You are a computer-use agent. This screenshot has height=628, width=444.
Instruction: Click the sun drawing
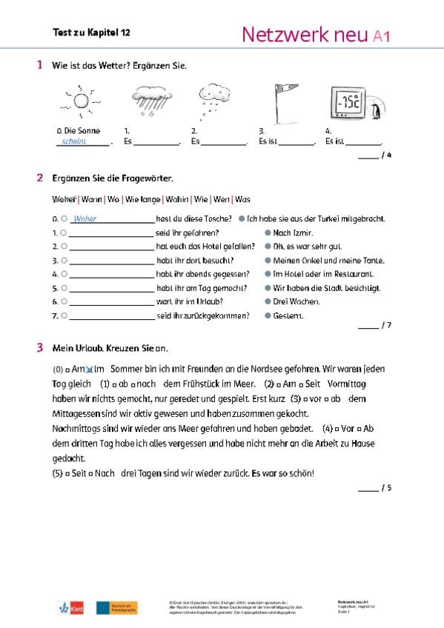click(79, 102)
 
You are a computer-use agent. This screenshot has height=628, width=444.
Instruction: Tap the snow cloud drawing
click(215, 101)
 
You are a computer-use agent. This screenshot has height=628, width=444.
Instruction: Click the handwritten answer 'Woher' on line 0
click(85, 219)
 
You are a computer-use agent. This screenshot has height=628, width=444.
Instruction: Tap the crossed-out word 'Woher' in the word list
click(64, 199)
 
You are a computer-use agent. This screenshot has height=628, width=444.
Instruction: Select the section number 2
click(39, 178)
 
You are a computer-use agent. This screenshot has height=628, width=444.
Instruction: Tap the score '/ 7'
click(385, 326)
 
